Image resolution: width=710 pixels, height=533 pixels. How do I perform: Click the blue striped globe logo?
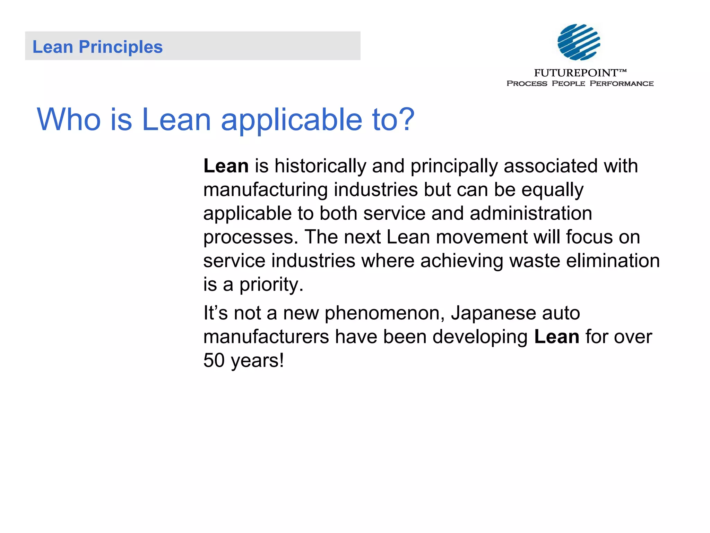pos(579,42)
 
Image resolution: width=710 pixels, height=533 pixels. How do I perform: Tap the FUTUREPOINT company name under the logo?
pos(576,73)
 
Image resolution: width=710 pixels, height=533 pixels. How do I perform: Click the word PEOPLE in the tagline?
pos(568,84)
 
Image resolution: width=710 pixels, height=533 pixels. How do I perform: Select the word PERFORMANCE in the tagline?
pos(622,84)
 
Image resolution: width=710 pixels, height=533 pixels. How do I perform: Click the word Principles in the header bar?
pos(121,47)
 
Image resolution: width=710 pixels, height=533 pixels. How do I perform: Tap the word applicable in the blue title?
pos(292,120)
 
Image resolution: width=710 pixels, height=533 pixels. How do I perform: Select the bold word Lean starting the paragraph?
pos(226,166)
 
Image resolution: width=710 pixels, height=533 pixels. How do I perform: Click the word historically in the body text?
pos(320,166)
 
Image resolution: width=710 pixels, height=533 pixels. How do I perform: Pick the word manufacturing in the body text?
pos(266,190)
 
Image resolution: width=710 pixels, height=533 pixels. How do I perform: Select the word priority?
pos(271,285)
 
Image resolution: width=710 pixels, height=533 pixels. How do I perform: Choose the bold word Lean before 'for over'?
pos(557,337)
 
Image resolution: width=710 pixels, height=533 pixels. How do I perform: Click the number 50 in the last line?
pos(214,361)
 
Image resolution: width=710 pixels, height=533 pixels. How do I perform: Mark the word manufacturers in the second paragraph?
pos(266,337)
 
